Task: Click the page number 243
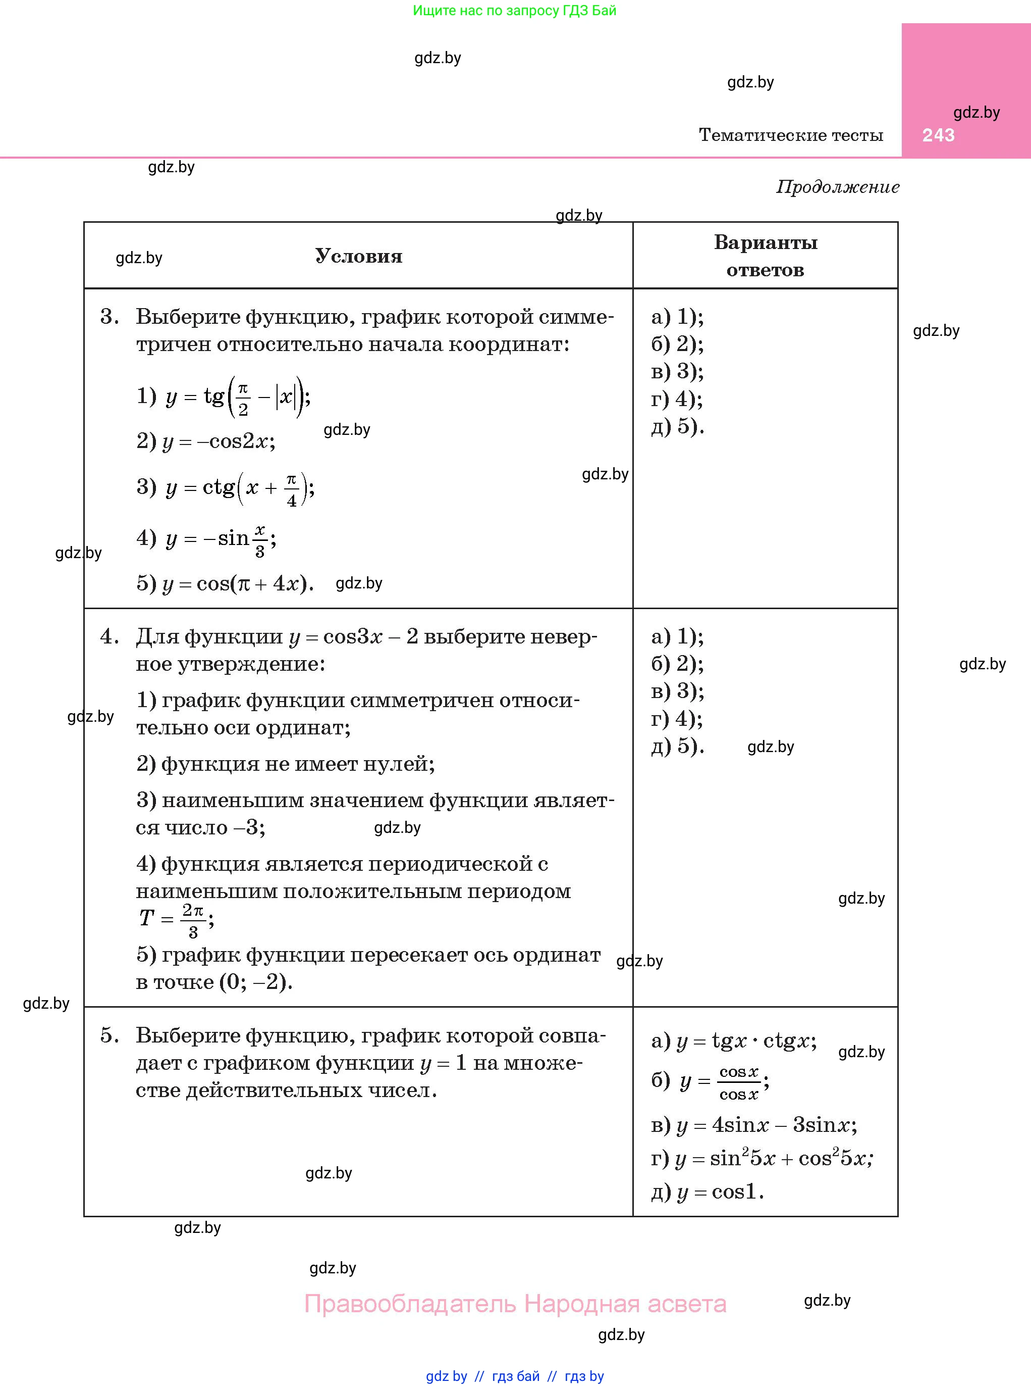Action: pos(938,135)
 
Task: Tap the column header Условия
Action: pos(358,256)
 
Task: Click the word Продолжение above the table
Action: pos(838,187)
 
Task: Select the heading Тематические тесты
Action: pos(791,135)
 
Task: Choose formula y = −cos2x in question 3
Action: pos(206,441)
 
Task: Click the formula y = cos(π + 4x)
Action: pos(225,583)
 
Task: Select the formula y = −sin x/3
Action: pos(206,539)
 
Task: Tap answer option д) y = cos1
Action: pos(707,1192)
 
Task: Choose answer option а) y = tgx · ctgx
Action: pos(733,1041)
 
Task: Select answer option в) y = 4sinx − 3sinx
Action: pos(754,1125)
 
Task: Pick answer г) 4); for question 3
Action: pos(677,399)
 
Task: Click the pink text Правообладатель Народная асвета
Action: pos(515,1304)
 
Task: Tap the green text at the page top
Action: pos(515,11)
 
